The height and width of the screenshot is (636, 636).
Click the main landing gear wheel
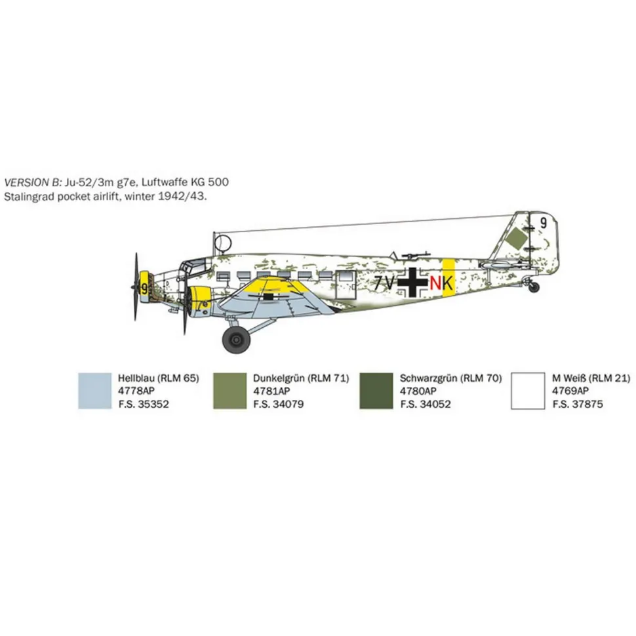(236, 340)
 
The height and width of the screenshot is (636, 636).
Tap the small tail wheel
(534, 287)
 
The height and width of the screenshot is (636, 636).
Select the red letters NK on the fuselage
(441, 283)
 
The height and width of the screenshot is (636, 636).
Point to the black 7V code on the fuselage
(384, 283)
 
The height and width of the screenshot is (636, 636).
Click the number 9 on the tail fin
(544, 223)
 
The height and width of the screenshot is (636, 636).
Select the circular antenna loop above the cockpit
(223, 243)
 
